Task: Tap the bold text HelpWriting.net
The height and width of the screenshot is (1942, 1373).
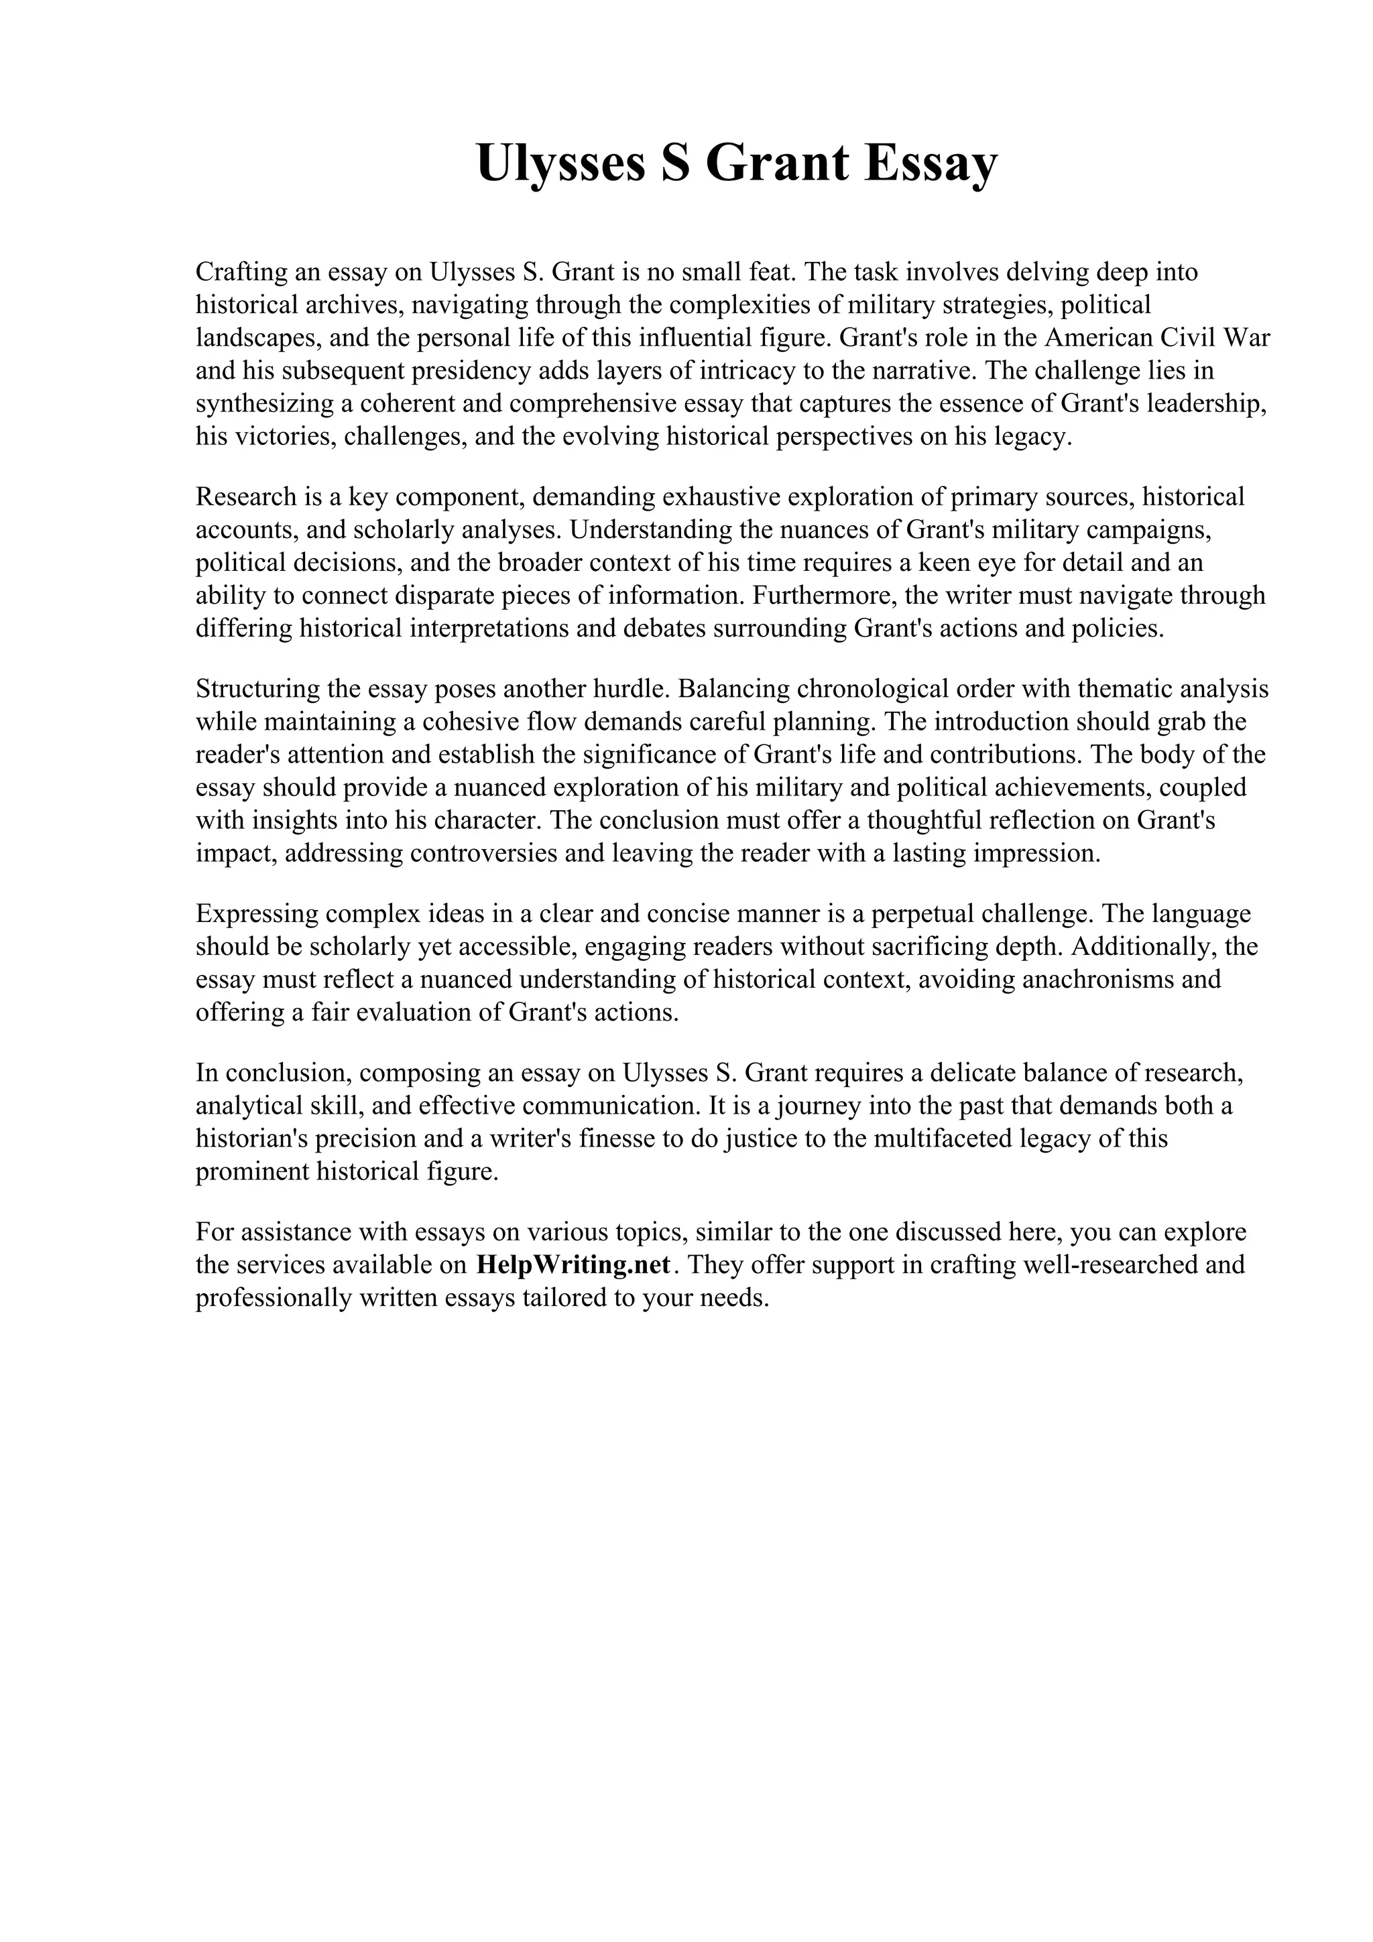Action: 574,1265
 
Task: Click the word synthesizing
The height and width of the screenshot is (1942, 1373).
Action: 265,403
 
